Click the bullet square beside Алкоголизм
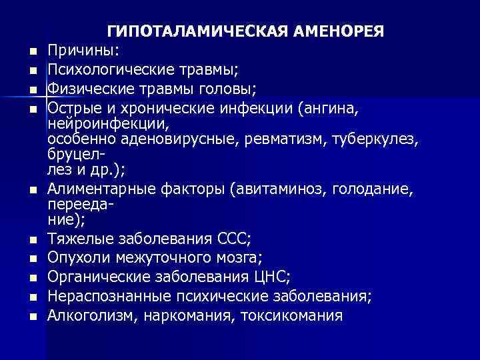pos(32,315)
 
